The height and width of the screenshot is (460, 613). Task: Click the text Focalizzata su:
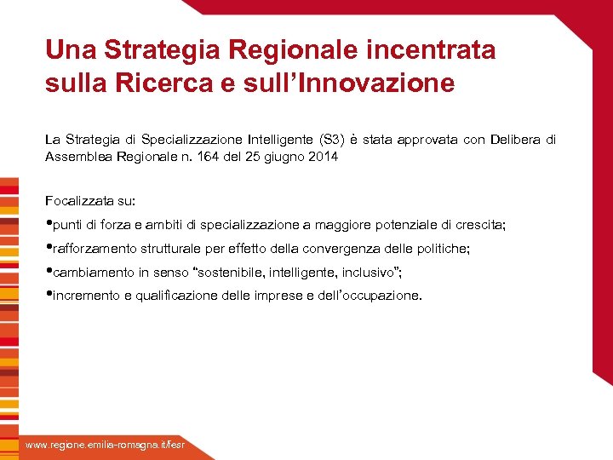pos(90,201)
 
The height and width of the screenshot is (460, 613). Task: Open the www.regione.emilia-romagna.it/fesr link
pos(104,446)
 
